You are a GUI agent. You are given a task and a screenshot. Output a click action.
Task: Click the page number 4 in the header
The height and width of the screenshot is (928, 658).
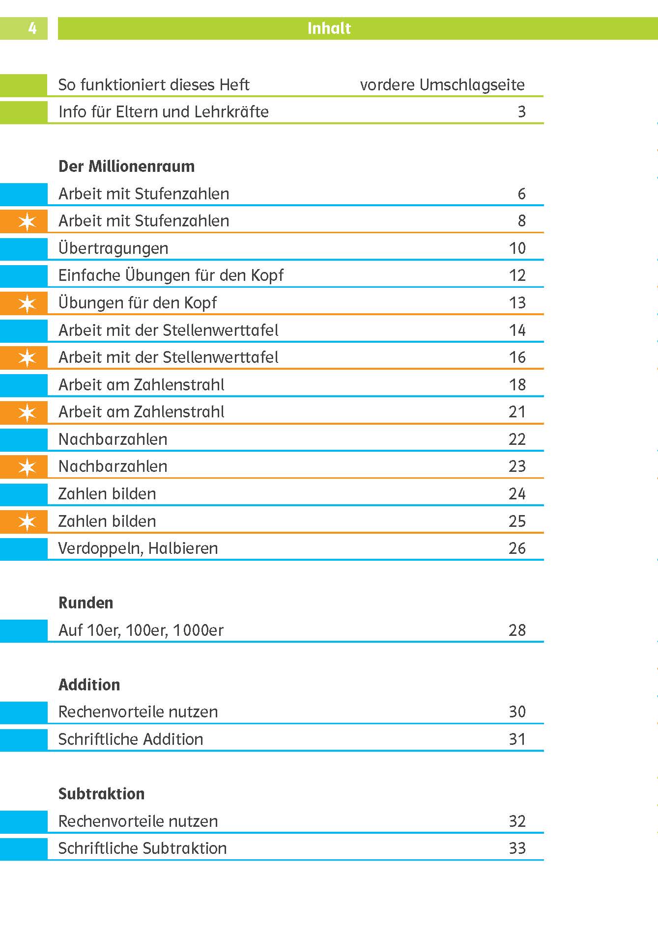[x=32, y=28]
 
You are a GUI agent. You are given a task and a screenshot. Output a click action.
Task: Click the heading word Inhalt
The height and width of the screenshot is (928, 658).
[x=329, y=28]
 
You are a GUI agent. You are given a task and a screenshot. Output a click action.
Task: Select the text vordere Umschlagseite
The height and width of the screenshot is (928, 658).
[x=442, y=85]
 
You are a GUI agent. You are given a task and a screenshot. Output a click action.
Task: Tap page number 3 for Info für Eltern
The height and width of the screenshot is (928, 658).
[x=521, y=112]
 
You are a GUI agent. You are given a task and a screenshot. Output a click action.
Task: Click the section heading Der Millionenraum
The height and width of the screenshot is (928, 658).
[x=126, y=166]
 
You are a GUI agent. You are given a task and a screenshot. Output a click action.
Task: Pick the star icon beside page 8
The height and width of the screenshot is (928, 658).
[x=27, y=221]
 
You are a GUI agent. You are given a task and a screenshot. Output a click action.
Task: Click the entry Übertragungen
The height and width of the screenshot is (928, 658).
[x=113, y=248]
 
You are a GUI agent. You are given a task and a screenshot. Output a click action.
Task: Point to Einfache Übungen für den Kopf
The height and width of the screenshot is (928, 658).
[x=171, y=275]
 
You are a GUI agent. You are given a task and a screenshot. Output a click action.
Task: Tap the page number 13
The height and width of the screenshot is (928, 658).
[x=517, y=303]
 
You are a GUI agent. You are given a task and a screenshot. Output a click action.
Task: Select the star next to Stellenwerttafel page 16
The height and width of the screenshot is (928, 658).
[x=27, y=358]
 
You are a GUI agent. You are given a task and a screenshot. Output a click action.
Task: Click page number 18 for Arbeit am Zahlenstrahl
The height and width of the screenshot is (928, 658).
[x=517, y=385]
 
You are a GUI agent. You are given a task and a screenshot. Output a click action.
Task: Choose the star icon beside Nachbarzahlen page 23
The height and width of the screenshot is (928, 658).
[x=27, y=467]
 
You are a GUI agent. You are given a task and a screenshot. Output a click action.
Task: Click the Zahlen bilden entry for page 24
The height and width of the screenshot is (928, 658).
[x=107, y=494]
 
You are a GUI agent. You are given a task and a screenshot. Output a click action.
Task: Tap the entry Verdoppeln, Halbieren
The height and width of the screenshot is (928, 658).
[x=138, y=548]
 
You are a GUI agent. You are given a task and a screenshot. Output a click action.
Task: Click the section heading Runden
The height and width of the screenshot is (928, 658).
[x=86, y=603]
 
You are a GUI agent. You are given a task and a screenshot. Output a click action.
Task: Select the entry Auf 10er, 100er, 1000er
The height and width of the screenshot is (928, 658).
[x=141, y=630]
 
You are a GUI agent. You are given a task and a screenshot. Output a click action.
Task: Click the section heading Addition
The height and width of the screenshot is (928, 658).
[x=89, y=685]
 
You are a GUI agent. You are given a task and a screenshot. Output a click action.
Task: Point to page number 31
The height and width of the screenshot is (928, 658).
[x=517, y=739]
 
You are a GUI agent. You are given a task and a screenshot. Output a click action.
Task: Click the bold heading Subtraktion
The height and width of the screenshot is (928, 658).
[x=101, y=794]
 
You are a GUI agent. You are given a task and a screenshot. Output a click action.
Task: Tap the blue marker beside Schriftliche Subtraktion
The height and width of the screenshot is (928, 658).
[x=24, y=848]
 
